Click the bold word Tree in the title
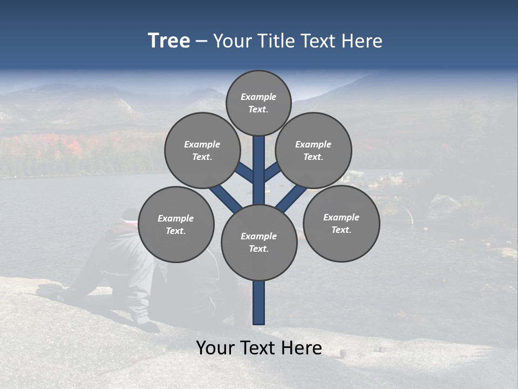tap(169, 41)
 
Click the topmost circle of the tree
tap(258, 103)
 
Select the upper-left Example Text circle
tap(202, 150)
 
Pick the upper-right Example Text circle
tap(313, 150)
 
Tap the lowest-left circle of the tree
tap(176, 224)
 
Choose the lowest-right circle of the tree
tap(342, 223)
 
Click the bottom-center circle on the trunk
tap(259, 243)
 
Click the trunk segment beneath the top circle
tap(259, 157)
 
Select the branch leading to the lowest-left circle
tap(224, 197)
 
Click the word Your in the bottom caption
tap(216, 348)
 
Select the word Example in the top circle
tap(258, 97)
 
